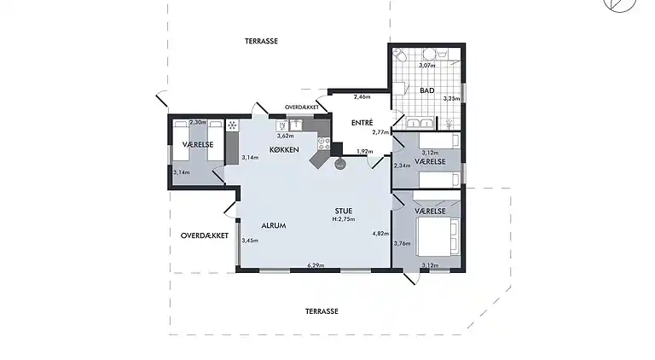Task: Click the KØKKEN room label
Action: (x=284, y=150)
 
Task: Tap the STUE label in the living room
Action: (x=343, y=211)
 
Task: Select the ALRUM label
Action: (x=273, y=226)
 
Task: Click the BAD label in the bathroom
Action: (x=427, y=90)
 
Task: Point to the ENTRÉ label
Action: (x=362, y=123)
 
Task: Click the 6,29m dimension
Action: (x=316, y=266)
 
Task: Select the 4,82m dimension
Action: (x=380, y=234)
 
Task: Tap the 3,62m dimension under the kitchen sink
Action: (x=285, y=136)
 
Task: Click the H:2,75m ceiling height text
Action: (x=344, y=220)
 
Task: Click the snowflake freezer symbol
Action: (x=230, y=125)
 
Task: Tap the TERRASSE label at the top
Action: (x=262, y=40)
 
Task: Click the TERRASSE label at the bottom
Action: (x=322, y=311)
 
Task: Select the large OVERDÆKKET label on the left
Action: (x=203, y=235)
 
